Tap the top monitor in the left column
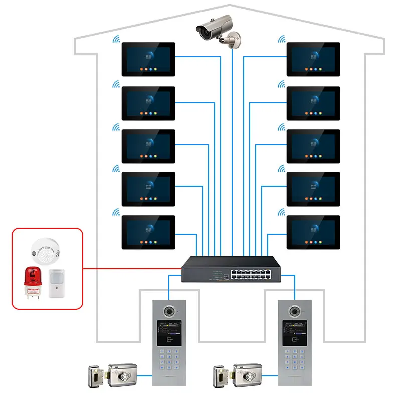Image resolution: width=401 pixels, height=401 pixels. tap(148, 59)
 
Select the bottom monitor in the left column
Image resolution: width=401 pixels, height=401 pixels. tap(148, 232)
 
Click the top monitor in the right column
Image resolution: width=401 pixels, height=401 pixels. tap(313, 59)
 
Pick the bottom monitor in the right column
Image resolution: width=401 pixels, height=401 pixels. tap(313, 232)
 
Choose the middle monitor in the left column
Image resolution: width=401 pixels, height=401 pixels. tap(148, 146)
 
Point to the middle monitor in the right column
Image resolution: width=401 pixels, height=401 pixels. tap(313, 146)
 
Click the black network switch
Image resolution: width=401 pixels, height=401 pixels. tap(231, 269)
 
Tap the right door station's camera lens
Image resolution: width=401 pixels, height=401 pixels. tap(294, 311)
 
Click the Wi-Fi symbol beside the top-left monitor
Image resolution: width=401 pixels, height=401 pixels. tap(116, 39)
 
